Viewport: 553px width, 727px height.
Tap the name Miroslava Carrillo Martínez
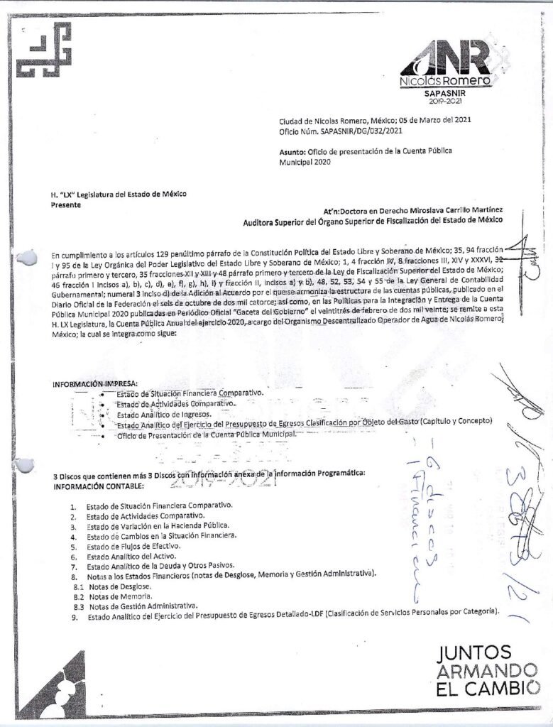click(x=444, y=210)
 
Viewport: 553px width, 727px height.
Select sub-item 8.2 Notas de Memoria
click(x=119, y=597)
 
